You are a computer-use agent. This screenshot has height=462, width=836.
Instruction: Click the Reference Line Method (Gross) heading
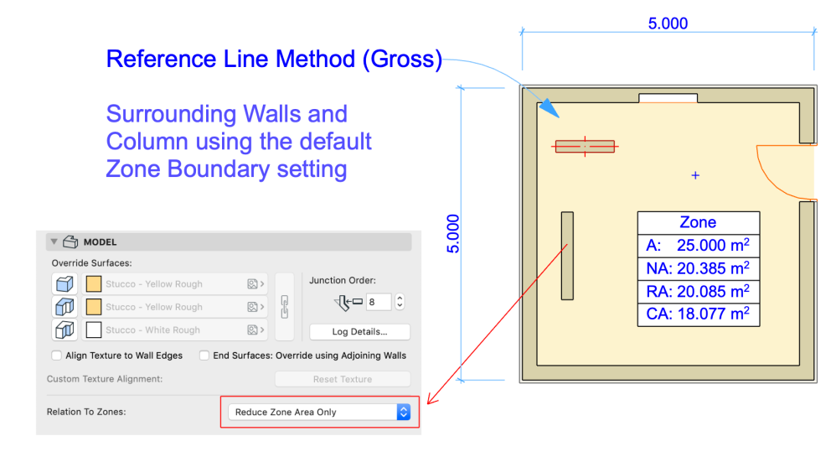click(274, 60)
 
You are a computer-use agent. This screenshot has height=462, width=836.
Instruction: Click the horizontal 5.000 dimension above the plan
click(668, 23)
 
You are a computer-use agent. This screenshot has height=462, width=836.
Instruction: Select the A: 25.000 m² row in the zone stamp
click(698, 246)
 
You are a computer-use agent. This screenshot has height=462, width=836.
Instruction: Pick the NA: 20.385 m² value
click(698, 268)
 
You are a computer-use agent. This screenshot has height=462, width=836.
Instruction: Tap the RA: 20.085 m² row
click(698, 292)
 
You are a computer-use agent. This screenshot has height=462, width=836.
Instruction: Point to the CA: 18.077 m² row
click(698, 314)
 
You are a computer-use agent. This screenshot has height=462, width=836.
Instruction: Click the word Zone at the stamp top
click(698, 222)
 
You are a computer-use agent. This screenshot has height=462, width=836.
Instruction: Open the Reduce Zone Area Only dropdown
click(319, 412)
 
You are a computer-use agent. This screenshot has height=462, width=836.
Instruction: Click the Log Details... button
click(359, 332)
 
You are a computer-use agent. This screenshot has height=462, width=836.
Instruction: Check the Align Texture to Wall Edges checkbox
click(57, 356)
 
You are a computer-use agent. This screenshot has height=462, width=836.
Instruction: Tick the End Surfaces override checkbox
click(204, 356)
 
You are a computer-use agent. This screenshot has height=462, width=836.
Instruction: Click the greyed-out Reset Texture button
click(343, 379)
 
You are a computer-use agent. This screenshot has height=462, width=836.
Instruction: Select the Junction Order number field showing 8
click(378, 302)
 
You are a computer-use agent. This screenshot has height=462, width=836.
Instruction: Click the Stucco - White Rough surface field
click(173, 330)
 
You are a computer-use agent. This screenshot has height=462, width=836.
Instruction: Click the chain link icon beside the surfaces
click(285, 306)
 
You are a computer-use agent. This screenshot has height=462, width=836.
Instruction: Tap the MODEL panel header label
click(100, 242)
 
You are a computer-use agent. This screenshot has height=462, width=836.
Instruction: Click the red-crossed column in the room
click(584, 146)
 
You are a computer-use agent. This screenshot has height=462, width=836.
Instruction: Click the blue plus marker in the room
click(694, 175)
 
